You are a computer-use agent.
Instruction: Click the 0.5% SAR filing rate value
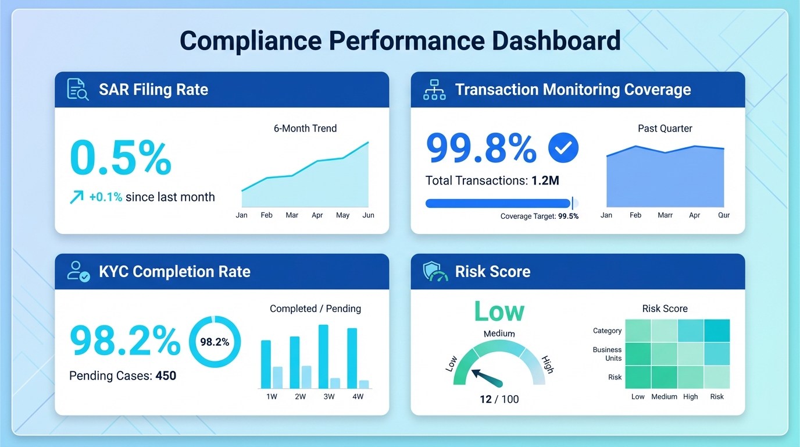point(120,157)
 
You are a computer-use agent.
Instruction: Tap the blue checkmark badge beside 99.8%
point(563,147)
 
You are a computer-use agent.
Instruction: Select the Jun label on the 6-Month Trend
point(368,215)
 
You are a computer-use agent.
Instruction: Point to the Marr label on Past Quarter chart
point(665,215)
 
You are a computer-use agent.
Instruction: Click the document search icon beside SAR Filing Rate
point(78,90)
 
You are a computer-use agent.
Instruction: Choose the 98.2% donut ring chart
point(215,342)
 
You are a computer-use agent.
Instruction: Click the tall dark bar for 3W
point(323,356)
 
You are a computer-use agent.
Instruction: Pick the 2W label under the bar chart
point(300,397)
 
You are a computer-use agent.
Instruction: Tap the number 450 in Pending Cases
point(166,376)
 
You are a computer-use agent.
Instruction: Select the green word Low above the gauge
point(499,311)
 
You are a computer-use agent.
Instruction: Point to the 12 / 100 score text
point(499,399)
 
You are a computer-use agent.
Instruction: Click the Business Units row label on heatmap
point(607,354)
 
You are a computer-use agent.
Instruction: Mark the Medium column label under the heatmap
point(664,397)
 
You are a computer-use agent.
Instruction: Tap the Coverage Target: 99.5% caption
point(539,217)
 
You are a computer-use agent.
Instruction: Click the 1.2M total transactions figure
point(545,181)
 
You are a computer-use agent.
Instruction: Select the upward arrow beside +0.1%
point(77,197)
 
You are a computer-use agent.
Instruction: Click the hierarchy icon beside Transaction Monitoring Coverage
point(434,90)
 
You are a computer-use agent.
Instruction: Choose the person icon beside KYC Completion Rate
point(78,272)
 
